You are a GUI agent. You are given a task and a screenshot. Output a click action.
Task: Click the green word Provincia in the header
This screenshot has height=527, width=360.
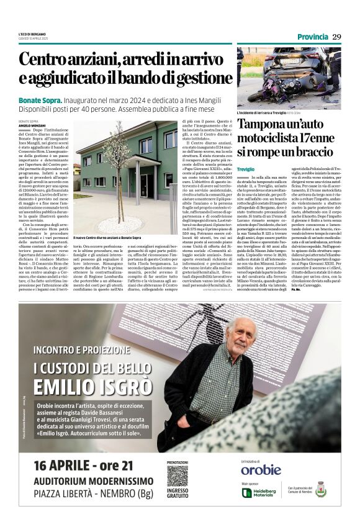(312, 37)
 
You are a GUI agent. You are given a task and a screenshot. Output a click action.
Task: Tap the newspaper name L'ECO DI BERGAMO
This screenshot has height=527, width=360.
(32, 34)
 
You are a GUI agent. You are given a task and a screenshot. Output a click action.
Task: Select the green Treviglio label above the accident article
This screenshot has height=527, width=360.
(246, 169)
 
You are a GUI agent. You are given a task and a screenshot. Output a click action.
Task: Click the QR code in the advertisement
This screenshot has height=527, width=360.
(178, 477)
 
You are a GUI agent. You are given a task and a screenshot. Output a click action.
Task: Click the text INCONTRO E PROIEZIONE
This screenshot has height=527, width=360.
(76, 348)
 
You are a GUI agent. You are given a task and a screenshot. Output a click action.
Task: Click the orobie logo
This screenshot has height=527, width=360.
(261, 469)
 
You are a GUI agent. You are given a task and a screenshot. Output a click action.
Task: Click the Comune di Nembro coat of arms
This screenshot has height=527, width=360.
(320, 489)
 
